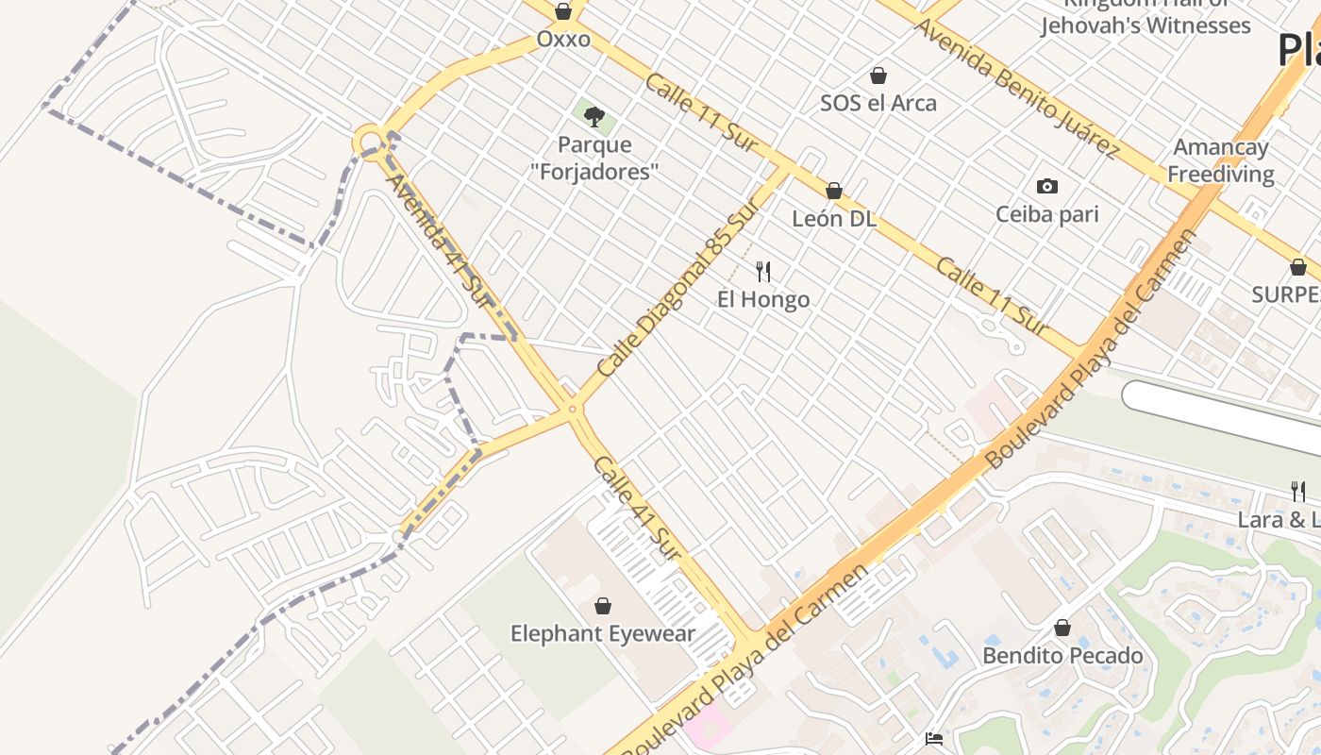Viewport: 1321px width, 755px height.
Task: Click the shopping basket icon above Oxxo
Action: pyautogui.click(x=563, y=11)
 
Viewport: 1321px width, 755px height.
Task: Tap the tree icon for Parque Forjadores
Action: pyautogui.click(x=594, y=117)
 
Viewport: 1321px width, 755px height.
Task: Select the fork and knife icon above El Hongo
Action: pyautogui.click(x=763, y=272)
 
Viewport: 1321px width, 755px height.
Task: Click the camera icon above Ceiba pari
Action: pyautogui.click(x=1046, y=186)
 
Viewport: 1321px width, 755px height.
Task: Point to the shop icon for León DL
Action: pyautogui.click(x=833, y=191)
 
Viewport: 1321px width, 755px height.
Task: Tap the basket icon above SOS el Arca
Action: pyautogui.click(x=878, y=75)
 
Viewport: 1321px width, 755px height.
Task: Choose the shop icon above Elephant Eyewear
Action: pyautogui.click(x=603, y=606)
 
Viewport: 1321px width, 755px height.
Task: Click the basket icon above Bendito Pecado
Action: pyautogui.click(x=1062, y=628)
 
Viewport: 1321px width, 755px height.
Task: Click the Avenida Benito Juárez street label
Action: pyautogui.click(x=1015, y=87)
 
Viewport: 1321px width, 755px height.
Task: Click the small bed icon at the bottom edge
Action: pyautogui.click(x=934, y=739)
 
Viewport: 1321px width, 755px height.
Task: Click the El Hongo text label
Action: pyautogui.click(x=763, y=300)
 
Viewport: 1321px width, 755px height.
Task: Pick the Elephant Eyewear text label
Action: pyautogui.click(x=603, y=634)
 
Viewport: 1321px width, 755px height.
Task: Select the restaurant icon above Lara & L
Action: pyautogui.click(x=1298, y=491)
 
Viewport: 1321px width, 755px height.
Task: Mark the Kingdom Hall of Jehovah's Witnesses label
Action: pyautogui.click(x=1145, y=17)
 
